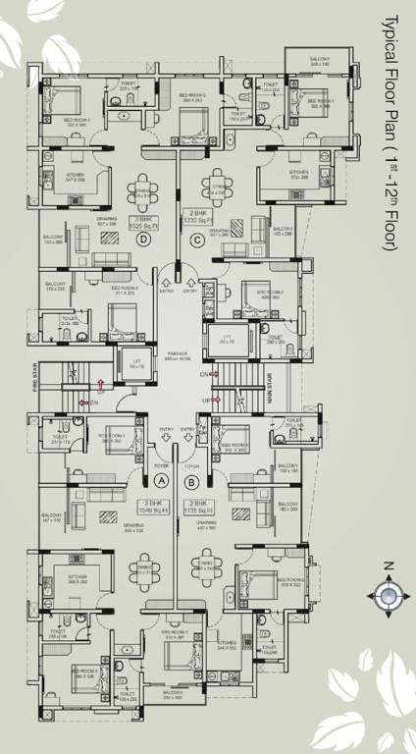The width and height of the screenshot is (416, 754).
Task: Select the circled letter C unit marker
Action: pos(197,237)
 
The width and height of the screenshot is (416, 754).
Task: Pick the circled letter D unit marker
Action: pos(145,237)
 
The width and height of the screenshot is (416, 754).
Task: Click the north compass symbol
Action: pos(388,594)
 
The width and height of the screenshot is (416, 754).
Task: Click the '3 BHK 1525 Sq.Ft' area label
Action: pos(145,221)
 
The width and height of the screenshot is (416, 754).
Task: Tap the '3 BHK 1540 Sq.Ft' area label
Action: pos(157,506)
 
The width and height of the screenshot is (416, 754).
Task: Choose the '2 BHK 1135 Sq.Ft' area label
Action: pos(199,506)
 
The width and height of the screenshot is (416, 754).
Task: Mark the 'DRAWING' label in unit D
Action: pos(108,221)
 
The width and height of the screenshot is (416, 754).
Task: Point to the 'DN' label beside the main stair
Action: pos(204,375)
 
